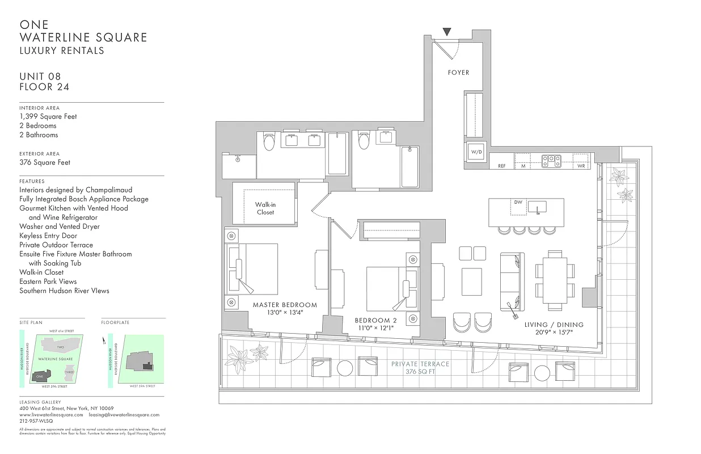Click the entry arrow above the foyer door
pyautogui.click(x=447, y=32)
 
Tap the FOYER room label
pyautogui.click(x=458, y=73)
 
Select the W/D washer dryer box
pyautogui.click(x=475, y=152)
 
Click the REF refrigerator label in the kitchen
pyautogui.click(x=501, y=166)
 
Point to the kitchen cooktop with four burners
pyautogui.click(x=551, y=161)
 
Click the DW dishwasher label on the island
pyautogui.click(x=518, y=202)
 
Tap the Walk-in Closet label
pyautogui.click(x=265, y=208)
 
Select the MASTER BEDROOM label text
pyautogui.click(x=285, y=305)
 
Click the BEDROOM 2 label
pyautogui.click(x=376, y=320)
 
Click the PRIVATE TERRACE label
pyautogui.click(x=420, y=364)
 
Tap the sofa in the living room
pyautogui.click(x=512, y=281)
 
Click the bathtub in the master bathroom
pyautogui.click(x=337, y=154)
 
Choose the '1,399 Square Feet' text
pyautogui.click(x=48, y=116)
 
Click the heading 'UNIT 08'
pyautogui.click(x=40, y=77)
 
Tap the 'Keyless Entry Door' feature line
pyautogui.click(x=48, y=236)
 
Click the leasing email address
pyautogui.click(x=124, y=415)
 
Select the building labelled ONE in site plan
pyautogui.click(x=40, y=376)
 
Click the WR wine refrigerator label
pyautogui.click(x=581, y=166)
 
